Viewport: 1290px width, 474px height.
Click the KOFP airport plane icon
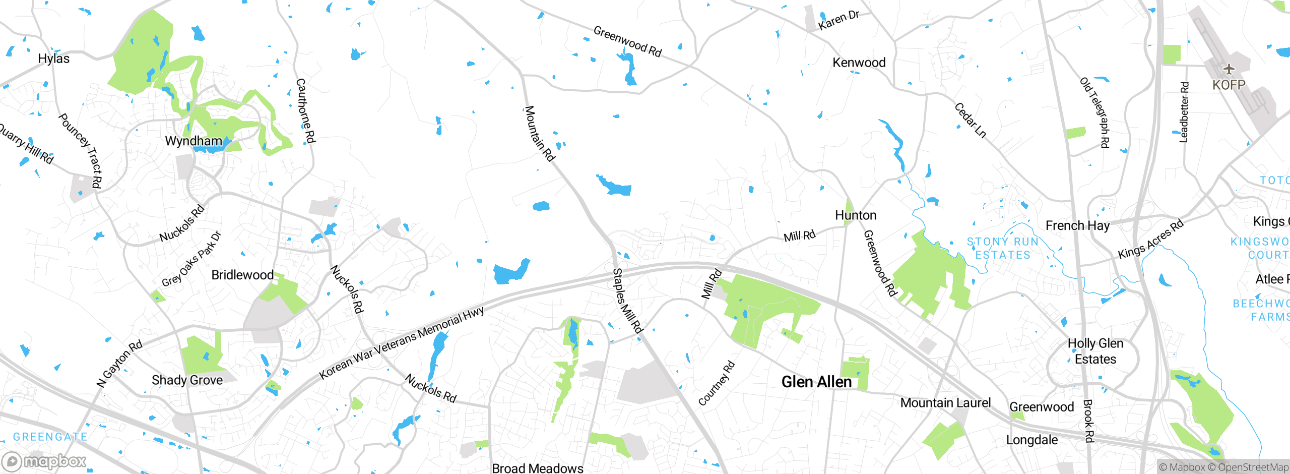tap(1229, 69)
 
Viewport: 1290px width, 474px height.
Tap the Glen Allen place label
tap(816, 382)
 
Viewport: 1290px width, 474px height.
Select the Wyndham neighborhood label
tap(193, 141)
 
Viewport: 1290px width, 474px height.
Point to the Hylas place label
tap(53, 58)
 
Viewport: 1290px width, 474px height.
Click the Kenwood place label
tap(859, 63)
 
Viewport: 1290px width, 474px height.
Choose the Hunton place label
tap(856, 215)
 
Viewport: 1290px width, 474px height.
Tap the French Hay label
tap(1077, 225)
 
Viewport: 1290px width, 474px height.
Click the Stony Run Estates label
tap(1003, 248)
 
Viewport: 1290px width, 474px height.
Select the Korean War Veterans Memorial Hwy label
tap(402, 343)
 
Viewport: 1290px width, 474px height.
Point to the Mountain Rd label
tap(540, 133)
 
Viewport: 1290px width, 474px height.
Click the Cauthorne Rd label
tap(305, 110)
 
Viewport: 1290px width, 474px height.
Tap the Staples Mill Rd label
tap(627, 301)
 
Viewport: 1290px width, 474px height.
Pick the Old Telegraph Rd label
tap(1094, 112)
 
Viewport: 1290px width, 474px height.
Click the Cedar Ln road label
tap(970, 120)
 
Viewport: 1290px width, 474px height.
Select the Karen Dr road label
tap(838, 20)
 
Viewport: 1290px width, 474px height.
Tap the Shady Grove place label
tap(187, 380)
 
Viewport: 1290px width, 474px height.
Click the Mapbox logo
tap(44, 461)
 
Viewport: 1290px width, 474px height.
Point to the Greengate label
tap(50, 437)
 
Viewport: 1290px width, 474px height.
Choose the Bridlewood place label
tap(242, 275)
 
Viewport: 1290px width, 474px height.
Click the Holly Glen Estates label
tap(1095, 351)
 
